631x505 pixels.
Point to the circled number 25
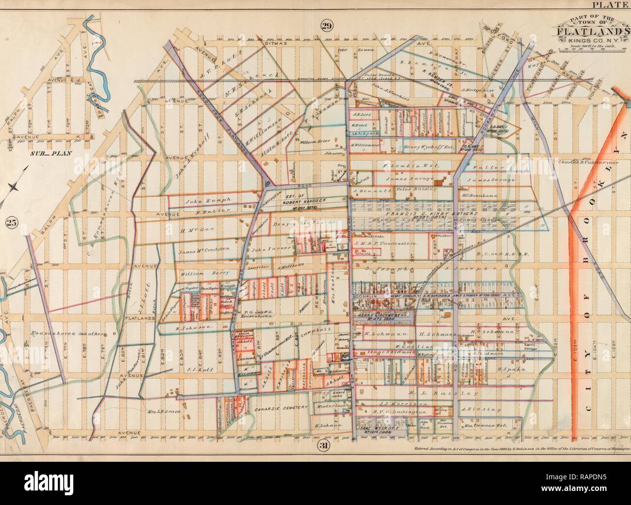(12, 222)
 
